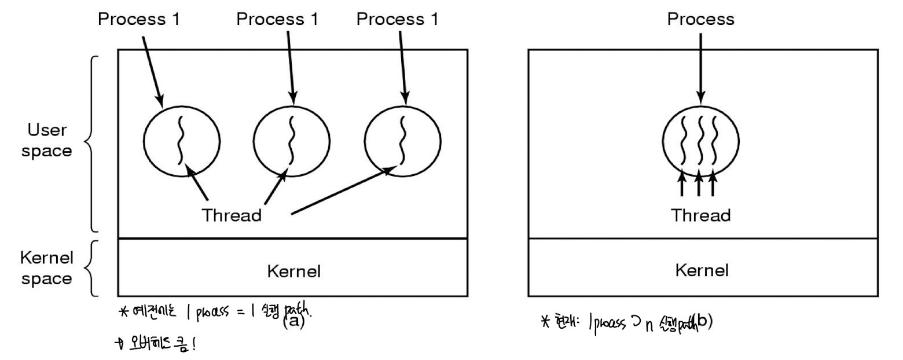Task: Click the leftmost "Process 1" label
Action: click(139, 19)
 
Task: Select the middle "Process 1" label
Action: click(277, 19)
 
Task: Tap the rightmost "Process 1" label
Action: click(397, 19)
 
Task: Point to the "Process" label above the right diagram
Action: click(700, 19)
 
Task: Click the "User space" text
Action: click(50, 141)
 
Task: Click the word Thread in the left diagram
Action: click(232, 215)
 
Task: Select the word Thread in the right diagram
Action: click(700, 215)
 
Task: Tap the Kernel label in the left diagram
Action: click(293, 270)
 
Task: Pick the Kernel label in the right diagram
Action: click(701, 270)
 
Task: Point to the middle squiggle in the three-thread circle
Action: click(700, 139)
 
